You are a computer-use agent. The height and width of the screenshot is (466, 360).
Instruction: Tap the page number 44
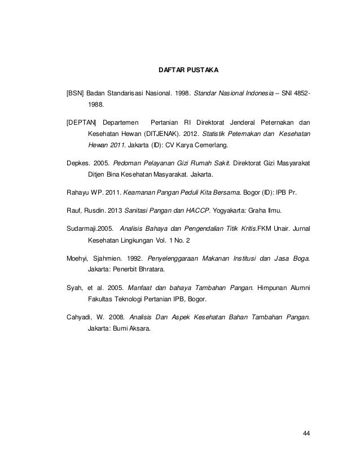click(306, 433)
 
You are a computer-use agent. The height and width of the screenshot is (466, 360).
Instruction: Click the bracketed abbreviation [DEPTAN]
click(81, 122)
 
